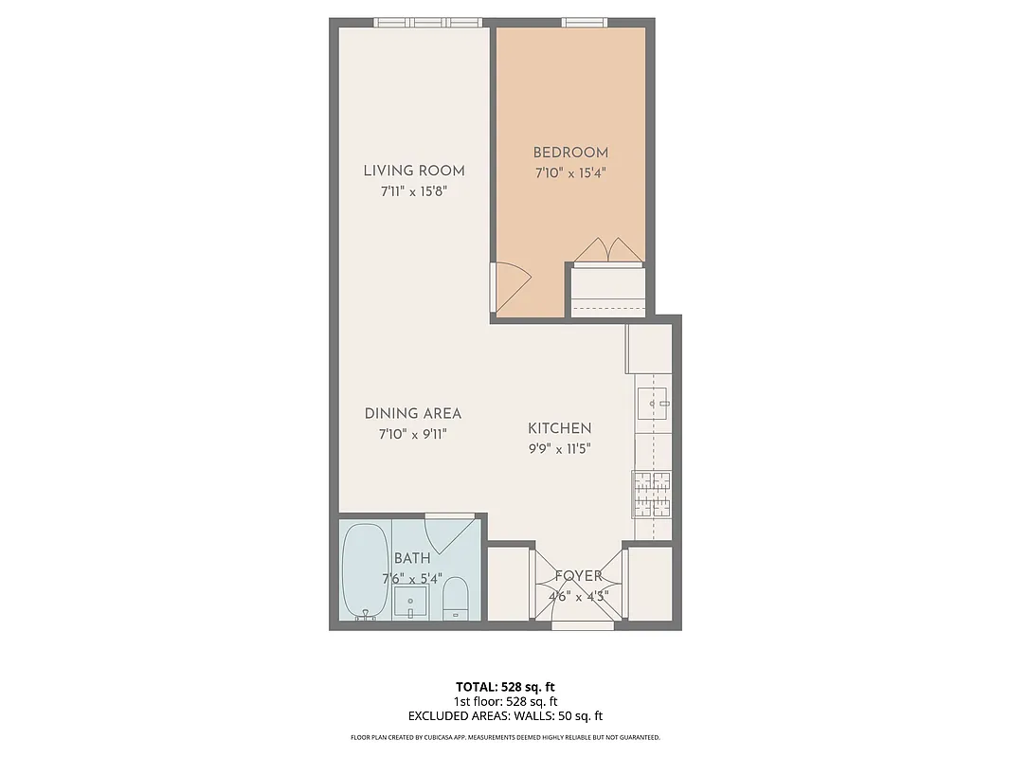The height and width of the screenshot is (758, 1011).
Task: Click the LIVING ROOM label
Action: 414,171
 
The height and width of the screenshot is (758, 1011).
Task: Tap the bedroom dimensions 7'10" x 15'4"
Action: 569,172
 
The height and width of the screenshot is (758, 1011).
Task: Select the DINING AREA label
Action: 413,413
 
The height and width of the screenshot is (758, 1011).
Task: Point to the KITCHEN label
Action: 559,428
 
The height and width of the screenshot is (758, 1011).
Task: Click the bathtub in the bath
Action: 364,570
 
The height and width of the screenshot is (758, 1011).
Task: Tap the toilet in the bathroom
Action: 456,598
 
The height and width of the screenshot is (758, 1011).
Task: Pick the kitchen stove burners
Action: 653,494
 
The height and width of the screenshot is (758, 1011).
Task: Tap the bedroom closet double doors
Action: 608,249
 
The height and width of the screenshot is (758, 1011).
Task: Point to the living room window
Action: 427,22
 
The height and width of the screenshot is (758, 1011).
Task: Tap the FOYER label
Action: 578,576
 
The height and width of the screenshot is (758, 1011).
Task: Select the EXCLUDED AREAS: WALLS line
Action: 505,716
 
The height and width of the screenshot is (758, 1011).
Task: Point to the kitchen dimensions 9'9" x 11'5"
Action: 559,449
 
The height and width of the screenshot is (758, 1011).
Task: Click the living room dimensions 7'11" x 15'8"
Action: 414,191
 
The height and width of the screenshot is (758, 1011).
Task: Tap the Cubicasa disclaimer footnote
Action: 505,737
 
